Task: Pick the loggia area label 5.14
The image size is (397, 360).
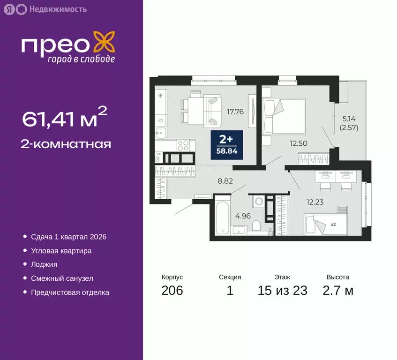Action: coord(350,119)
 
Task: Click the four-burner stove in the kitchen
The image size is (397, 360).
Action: coord(181,145)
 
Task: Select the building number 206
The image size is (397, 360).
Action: coord(172,291)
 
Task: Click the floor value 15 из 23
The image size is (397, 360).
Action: coord(282,291)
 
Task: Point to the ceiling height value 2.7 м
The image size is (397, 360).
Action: coord(337,291)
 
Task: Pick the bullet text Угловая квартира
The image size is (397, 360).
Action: coord(61,251)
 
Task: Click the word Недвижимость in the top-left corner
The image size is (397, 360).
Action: coord(57,9)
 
